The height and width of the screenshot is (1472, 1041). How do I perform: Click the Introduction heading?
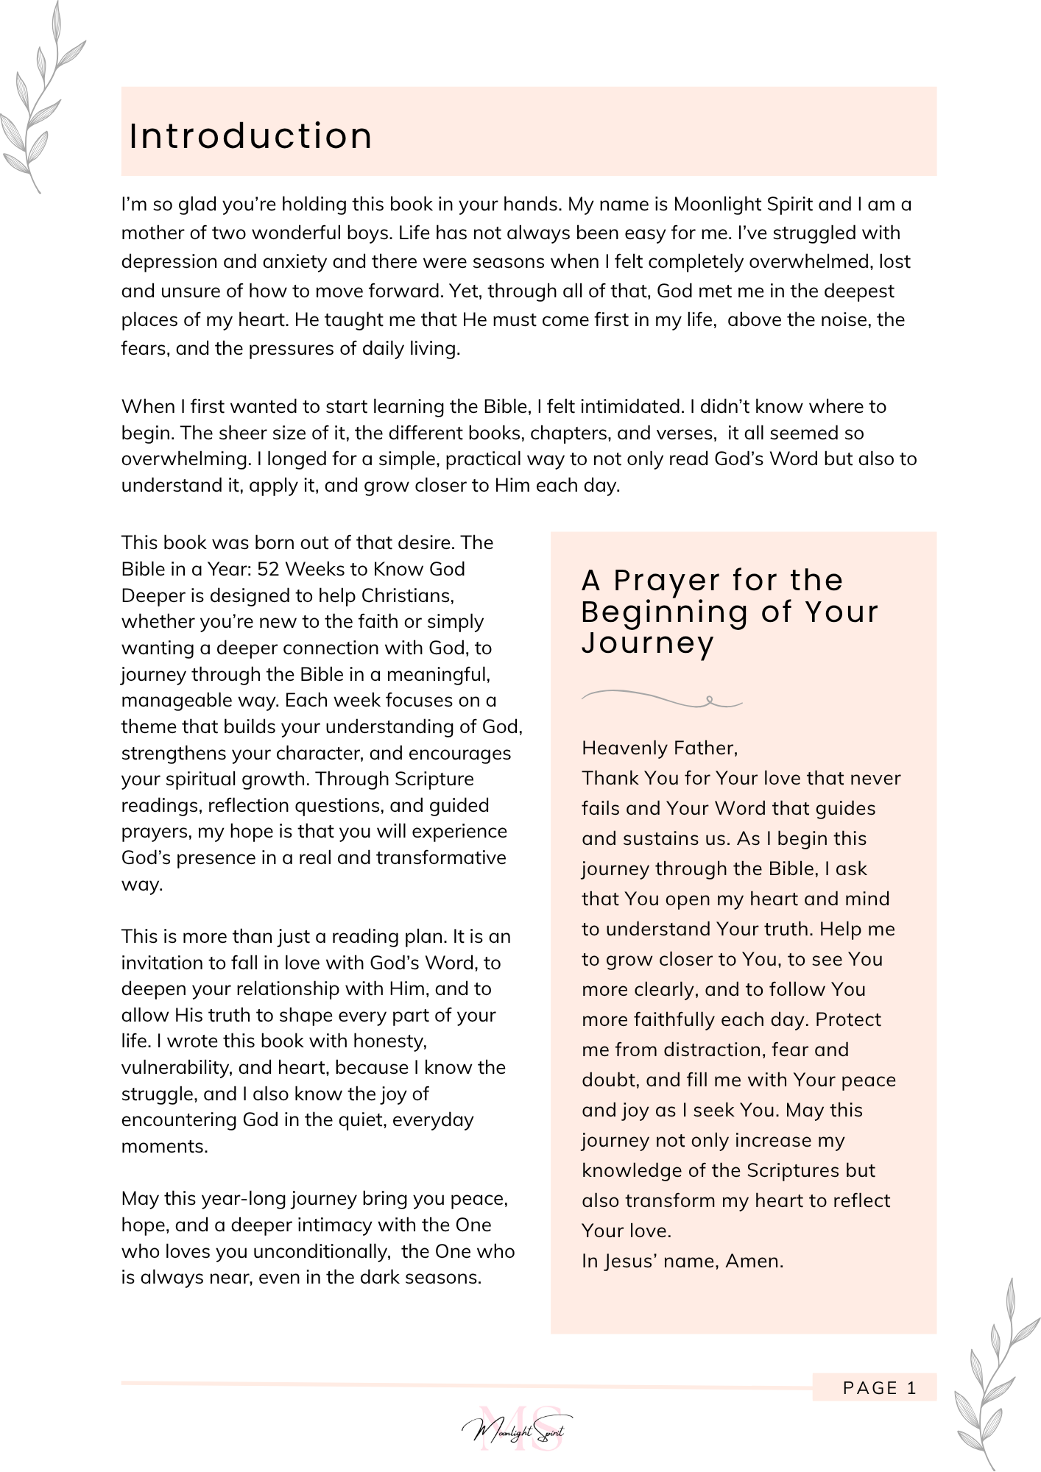250,136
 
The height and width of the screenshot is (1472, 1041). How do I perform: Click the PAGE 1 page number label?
880,1388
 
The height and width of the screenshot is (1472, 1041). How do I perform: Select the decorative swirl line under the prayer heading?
661,698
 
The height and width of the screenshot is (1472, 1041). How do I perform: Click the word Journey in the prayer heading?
648,643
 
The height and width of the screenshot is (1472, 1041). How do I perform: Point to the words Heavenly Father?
659,749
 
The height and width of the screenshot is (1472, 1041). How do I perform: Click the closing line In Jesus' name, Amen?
682,1261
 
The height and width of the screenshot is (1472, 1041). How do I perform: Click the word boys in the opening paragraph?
372,233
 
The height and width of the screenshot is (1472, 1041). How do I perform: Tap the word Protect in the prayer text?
848,1019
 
